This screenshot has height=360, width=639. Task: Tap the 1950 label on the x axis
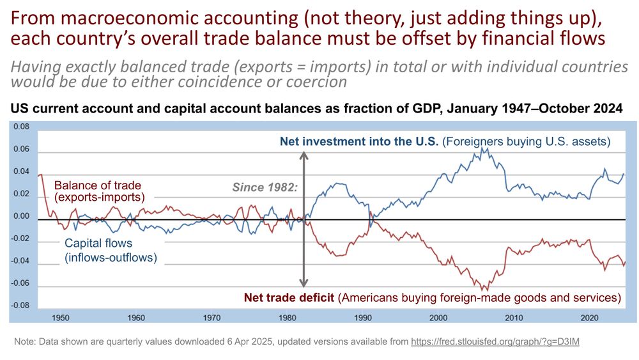61,318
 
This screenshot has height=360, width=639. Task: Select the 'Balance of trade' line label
98,185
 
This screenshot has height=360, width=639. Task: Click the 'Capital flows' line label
98,243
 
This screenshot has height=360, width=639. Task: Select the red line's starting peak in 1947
41,175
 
